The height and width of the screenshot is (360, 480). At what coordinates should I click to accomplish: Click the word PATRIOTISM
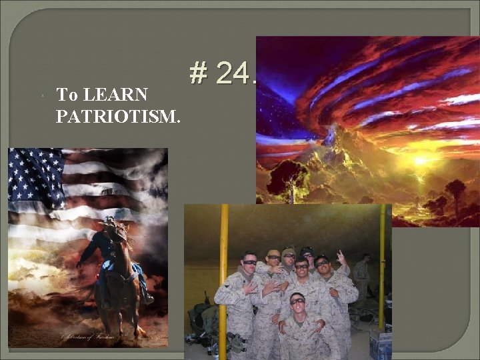pyautogui.click(x=118, y=117)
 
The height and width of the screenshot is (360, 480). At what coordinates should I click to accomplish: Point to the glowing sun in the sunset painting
pyautogui.click(x=420, y=161)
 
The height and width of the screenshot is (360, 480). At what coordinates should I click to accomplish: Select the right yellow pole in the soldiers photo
pyautogui.click(x=383, y=267)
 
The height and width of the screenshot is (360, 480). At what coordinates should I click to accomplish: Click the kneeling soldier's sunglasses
pyautogui.click(x=297, y=301)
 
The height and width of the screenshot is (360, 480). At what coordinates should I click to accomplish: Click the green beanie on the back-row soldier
pyautogui.click(x=288, y=252)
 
